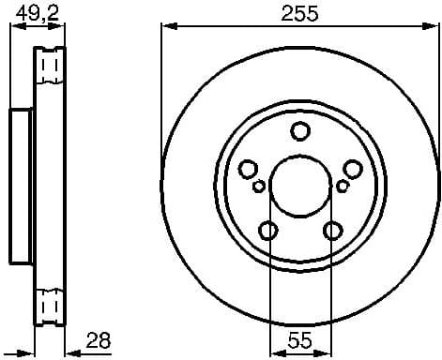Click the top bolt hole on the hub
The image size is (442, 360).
[300, 131]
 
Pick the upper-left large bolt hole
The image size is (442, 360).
[249, 169]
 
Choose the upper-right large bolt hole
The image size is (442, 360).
[352, 169]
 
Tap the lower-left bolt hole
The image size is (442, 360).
[268, 230]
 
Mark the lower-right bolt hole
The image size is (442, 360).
[332, 230]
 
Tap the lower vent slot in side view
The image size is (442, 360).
[53, 306]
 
